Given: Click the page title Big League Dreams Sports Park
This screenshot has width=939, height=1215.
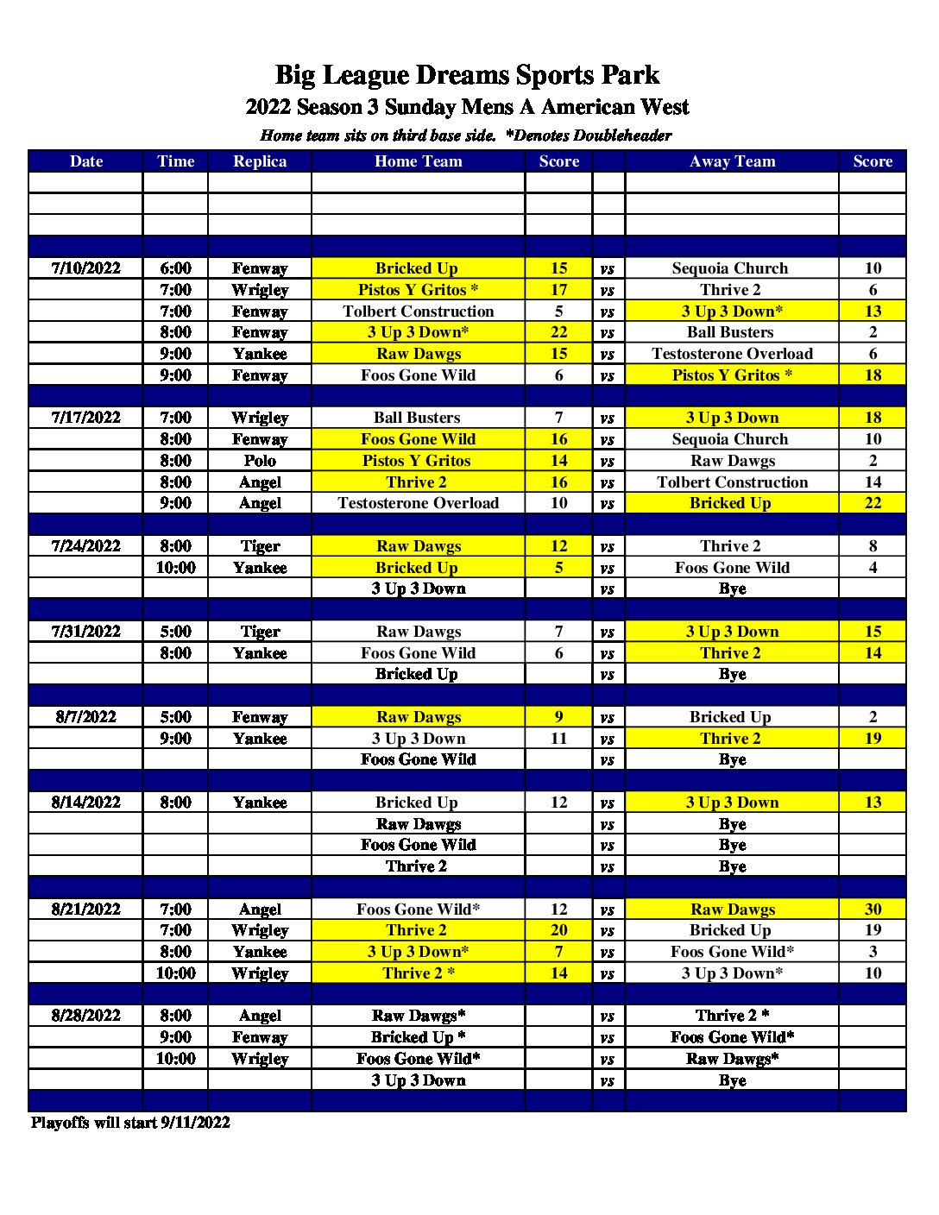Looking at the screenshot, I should [x=467, y=76].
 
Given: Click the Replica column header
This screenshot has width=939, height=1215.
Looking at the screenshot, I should [x=259, y=161].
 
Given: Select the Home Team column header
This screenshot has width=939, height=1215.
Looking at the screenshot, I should [x=418, y=161].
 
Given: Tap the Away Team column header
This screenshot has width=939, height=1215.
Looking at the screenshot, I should [x=732, y=161].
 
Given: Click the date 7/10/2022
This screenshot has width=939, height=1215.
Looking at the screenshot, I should [x=85, y=268].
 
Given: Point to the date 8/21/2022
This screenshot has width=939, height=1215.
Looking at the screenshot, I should [x=85, y=910].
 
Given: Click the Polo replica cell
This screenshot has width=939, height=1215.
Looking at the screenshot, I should [x=259, y=461].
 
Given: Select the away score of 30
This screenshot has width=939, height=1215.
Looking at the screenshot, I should [x=873, y=910].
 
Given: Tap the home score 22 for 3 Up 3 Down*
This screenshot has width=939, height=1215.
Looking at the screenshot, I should [x=558, y=332].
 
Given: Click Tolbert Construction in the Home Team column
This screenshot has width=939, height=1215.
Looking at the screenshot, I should [x=418, y=312].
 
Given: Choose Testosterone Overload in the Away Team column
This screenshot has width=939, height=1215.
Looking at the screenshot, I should [x=732, y=354].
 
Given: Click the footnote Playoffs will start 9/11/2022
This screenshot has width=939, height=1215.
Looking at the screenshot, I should [x=130, y=1123].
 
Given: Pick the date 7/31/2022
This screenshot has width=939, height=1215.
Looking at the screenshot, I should [x=85, y=632].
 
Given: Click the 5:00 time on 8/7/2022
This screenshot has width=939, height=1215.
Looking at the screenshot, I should [x=175, y=717].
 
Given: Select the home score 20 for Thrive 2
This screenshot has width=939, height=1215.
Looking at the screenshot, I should [x=558, y=930].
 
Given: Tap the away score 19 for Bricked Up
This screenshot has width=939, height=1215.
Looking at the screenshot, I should [x=873, y=930].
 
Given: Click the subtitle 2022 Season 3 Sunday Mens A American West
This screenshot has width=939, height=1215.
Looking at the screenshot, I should [x=467, y=107].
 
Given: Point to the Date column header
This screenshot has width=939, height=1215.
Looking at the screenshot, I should [x=85, y=161].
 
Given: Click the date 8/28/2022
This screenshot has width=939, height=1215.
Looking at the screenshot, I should [x=85, y=1016].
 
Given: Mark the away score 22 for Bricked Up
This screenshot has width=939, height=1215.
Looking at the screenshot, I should [x=873, y=503].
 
